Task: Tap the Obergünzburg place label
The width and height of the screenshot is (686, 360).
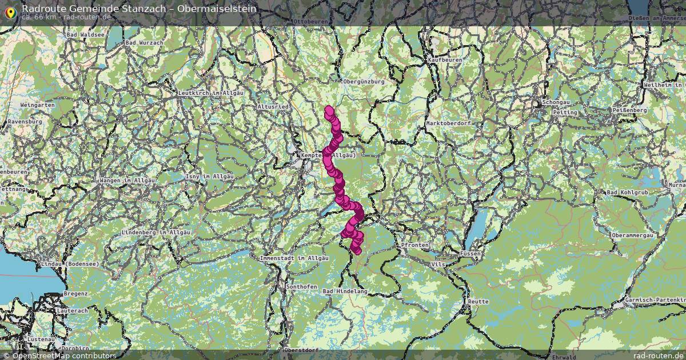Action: [364, 82]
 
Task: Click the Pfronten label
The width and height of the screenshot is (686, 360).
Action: [414, 245]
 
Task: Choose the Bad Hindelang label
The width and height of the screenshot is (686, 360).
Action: [345, 291]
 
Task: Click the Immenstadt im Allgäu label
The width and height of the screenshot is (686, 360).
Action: [294, 258]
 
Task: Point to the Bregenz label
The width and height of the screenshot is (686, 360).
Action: [75, 293]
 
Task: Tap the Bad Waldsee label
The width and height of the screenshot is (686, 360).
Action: [86, 35]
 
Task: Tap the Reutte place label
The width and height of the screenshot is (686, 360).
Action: [478, 301]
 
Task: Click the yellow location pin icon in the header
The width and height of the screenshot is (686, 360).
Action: [10, 12]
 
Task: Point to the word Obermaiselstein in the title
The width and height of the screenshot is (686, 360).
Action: [217, 9]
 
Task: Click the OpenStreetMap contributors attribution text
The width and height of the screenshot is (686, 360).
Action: [64, 355]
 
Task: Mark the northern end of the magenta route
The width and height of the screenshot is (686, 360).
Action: [329, 109]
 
